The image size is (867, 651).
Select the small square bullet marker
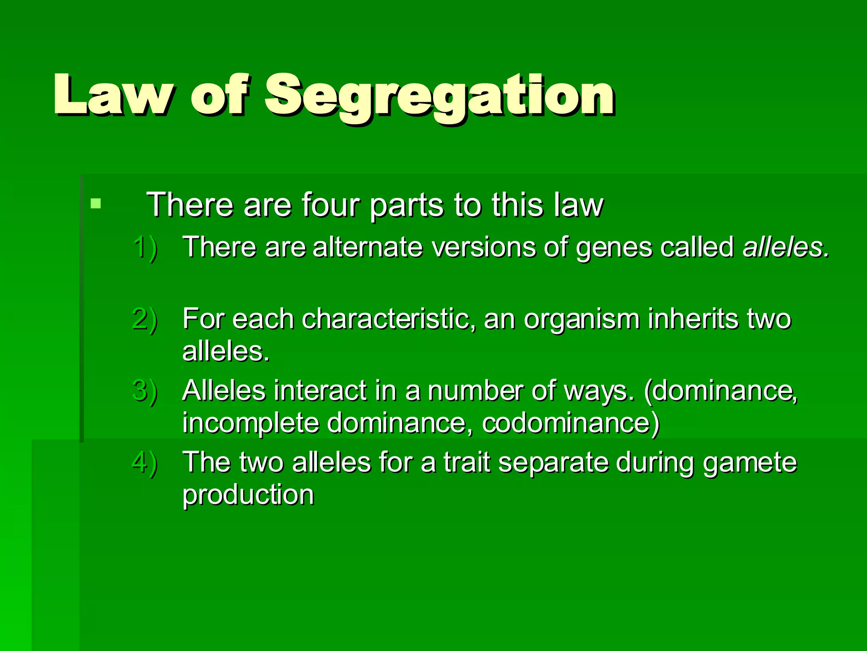click(96, 203)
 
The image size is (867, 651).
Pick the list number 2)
click(144, 319)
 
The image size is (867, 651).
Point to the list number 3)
click(144, 390)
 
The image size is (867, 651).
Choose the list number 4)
click(144, 462)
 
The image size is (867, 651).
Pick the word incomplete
click(251, 423)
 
